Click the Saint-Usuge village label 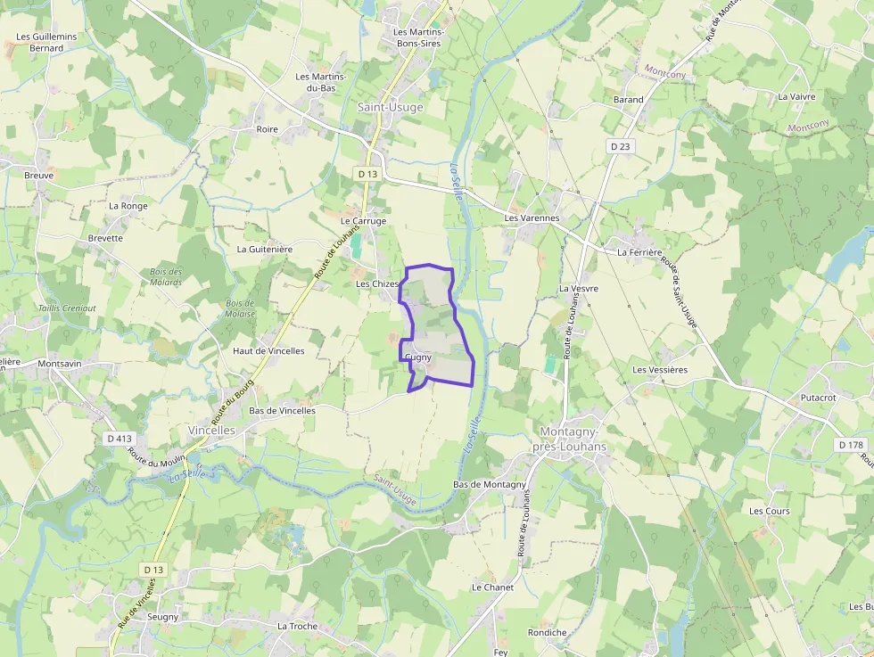point(390,107)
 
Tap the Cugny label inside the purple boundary point(418,357)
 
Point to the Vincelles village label point(211,430)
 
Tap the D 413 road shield point(119,438)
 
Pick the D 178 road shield point(852,444)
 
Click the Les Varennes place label point(532,218)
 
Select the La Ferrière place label point(639,252)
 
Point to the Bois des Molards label point(166,277)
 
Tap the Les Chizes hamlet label point(377,283)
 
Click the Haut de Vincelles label point(268,351)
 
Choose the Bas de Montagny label point(490,484)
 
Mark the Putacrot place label point(818,398)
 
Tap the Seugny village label point(162,617)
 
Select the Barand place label point(628,100)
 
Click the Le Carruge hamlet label point(364,221)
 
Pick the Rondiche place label point(547,633)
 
